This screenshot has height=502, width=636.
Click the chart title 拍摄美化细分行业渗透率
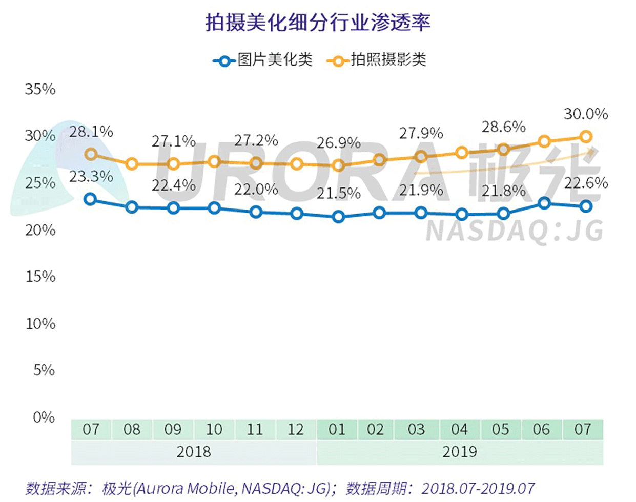pyautogui.click(x=318, y=23)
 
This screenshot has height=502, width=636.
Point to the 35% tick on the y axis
pyautogui.click(x=40, y=89)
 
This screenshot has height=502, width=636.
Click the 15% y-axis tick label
pyautogui.click(x=40, y=277)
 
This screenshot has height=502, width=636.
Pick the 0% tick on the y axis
pyautogui.click(x=44, y=417)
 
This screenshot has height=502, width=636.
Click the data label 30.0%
pyautogui.click(x=586, y=114)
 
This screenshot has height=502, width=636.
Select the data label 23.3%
pyautogui.click(x=91, y=177)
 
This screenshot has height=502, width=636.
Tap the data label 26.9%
pyautogui.click(x=338, y=143)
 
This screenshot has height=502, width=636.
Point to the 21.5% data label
pyautogui.click(x=338, y=194)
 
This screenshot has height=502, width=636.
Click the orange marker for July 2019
pyautogui.click(x=585, y=137)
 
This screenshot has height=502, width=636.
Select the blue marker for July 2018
pyautogui.click(x=91, y=199)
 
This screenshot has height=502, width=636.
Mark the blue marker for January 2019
pyautogui.click(x=338, y=217)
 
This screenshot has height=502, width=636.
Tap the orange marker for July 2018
pyautogui.click(x=91, y=154)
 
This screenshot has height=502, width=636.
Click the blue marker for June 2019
pyautogui.click(x=544, y=203)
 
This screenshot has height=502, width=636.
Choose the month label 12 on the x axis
pyautogui.click(x=296, y=429)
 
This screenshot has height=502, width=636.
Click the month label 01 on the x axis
pyautogui.click(x=337, y=429)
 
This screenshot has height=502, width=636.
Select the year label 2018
pyautogui.click(x=193, y=452)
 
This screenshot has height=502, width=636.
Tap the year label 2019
pyautogui.click(x=459, y=452)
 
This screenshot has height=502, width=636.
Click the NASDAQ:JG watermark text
pyautogui.click(x=515, y=232)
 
